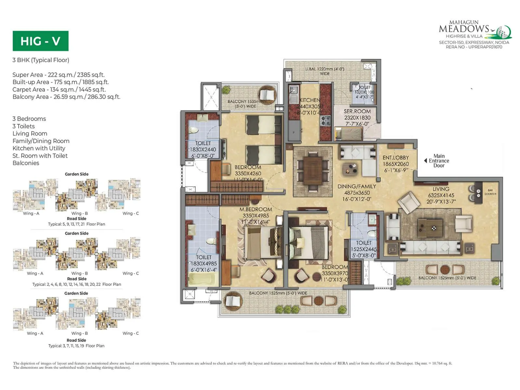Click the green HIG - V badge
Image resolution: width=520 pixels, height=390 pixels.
click(x=40, y=41)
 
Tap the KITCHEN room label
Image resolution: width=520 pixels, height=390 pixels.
click(x=310, y=100)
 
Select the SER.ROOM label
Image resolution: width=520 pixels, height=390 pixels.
click(x=357, y=111)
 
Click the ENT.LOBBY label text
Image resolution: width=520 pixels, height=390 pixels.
click(x=396, y=158)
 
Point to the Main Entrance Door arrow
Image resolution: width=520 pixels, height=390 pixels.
click(x=426, y=161)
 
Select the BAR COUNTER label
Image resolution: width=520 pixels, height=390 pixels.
click(x=490, y=192)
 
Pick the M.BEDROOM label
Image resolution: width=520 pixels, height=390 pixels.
click(x=256, y=210)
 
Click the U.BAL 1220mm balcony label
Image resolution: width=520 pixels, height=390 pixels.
click(x=324, y=71)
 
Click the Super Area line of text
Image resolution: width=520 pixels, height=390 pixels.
click(x=58, y=75)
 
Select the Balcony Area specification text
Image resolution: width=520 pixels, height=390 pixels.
click(x=66, y=97)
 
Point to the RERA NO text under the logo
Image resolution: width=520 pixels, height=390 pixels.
click(x=474, y=47)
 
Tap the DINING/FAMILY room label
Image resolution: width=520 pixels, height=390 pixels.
click(x=357, y=187)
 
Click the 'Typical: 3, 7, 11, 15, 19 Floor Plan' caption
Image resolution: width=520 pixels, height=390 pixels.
click(x=76, y=346)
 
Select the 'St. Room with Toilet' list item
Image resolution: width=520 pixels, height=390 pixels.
click(x=40, y=156)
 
